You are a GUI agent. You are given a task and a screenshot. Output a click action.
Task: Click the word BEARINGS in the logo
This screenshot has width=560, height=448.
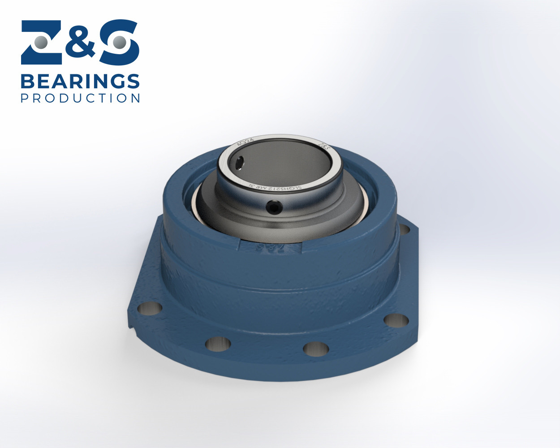[x=80, y=82]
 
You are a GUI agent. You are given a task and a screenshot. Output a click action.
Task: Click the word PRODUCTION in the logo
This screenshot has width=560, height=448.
[x=81, y=98]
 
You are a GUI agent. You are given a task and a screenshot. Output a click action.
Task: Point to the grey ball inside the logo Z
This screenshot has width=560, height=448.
[x=41, y=43]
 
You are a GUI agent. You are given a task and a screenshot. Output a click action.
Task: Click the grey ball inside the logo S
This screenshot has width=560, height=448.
[x=119, y=43]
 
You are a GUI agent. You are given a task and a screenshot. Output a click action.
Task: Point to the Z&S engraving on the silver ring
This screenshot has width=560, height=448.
[x=324, y=146]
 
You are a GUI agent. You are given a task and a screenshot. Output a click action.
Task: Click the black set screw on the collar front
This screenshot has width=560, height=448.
[x=274, y=207]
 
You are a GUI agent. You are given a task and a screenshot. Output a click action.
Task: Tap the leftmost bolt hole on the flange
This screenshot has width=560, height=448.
[x=150, y=309]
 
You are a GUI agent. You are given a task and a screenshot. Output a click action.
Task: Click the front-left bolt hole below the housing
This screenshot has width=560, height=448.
[x=218, y=344]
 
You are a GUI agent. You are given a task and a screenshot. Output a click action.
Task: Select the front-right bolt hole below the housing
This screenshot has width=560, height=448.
[x=316, y=348]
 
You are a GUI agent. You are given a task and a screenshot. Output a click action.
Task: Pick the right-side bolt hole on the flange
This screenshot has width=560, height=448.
[x=396, y=320]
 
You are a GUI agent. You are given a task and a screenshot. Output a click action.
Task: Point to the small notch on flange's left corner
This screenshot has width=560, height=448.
[x=134, y=331]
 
